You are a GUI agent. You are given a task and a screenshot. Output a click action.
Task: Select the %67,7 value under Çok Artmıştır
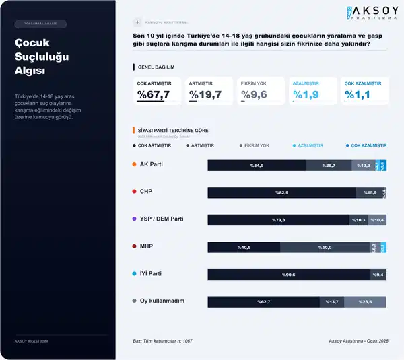(154, 94)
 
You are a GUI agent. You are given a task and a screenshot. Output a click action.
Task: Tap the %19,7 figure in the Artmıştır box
(205, 94)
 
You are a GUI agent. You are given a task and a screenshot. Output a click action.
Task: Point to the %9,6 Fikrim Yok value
(254, 94)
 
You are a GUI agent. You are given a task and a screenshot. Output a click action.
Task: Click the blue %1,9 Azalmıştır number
(305, 94)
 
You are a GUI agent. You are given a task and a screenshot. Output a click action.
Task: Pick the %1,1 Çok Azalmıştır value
(358, 94)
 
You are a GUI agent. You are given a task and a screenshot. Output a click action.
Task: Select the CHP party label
(146, 192)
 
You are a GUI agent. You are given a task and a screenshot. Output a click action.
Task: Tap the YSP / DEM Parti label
(162, 219)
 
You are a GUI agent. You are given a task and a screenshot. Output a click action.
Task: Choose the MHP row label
(146, 246)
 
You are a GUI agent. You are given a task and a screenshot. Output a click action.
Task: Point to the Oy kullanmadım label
(162, 301)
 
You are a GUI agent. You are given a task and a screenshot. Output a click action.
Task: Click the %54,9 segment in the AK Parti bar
(256, 166)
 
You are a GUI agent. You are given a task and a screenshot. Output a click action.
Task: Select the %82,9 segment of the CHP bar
(281, 193)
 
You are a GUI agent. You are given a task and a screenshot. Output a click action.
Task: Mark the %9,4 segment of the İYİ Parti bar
(378, 275)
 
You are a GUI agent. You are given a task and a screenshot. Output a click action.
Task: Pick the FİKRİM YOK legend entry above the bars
(257, 145)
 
